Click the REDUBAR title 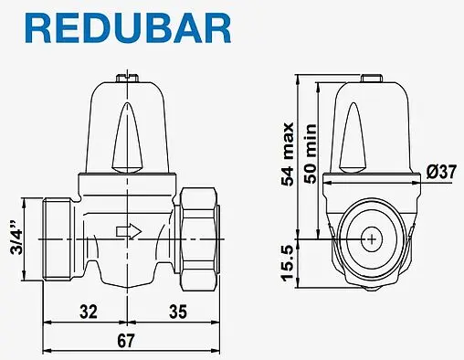(128, 28)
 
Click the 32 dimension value (89, 312)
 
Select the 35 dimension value (178, 312)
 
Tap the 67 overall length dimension (126, 341)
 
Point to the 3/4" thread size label (16, 237)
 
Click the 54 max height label (288, 154)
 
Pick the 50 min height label (311, 154)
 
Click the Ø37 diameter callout (441, 172)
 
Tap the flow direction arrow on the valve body (129, 231)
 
